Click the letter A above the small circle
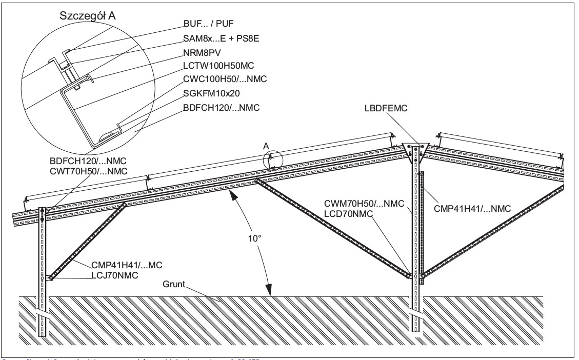pyautogui.click(x=266, y=145)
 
